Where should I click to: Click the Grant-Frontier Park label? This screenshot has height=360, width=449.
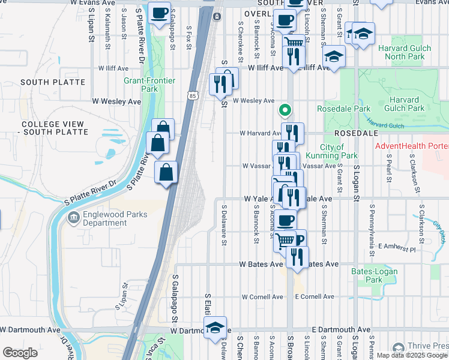pyautogui.click(x=140, y=85)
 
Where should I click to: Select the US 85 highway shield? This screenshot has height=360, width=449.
pyautogui.click(x=192, y=95)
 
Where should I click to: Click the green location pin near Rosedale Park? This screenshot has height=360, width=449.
pyautogui.click(x=285, y=110)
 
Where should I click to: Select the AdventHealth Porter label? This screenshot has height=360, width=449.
pyautogui.click(x=411, y=146)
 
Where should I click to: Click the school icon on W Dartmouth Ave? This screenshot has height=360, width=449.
pyautogui.click(x=214, y=328)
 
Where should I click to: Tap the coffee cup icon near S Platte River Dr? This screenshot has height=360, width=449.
pyautogui.click(x=159, y=14)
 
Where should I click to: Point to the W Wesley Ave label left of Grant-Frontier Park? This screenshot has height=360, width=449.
pyautogui.click(x=116, y=101)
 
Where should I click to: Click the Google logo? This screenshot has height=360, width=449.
pyautogui.click(x=20, y=353)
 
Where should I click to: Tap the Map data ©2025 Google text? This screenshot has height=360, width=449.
pyautogui.click(x=411, y=355)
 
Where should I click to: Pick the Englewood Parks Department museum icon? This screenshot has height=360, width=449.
pyautogui.click(x=73, y=217)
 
